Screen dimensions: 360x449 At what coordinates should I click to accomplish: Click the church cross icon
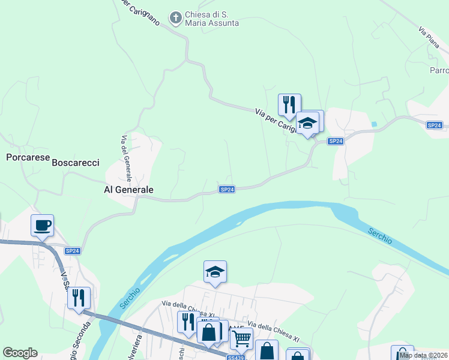point(176,18)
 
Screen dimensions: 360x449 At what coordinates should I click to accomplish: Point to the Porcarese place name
point(26,158)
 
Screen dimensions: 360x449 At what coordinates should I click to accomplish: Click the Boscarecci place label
point(75,163)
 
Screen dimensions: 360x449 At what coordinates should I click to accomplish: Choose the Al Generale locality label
point(129,190)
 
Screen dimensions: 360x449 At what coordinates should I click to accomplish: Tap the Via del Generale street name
point(125,159)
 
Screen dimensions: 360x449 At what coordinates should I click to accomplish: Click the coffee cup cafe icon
point(43,226)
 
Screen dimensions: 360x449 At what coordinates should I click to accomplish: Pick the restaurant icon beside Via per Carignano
point(289,104)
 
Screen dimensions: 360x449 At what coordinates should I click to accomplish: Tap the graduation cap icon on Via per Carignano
point(308,122)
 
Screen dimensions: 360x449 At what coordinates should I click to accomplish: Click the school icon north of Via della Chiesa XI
point(215,272)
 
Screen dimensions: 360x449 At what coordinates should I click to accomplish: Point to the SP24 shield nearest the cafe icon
point(72,250)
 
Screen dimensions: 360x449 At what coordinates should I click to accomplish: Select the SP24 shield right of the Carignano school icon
point(336,141)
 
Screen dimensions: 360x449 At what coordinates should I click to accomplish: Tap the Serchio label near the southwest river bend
point(130,298)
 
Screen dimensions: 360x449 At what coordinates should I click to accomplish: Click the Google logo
point(20,353)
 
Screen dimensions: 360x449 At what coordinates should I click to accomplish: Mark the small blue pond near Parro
point(375,124)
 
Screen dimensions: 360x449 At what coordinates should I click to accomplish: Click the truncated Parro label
point(439,70)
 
